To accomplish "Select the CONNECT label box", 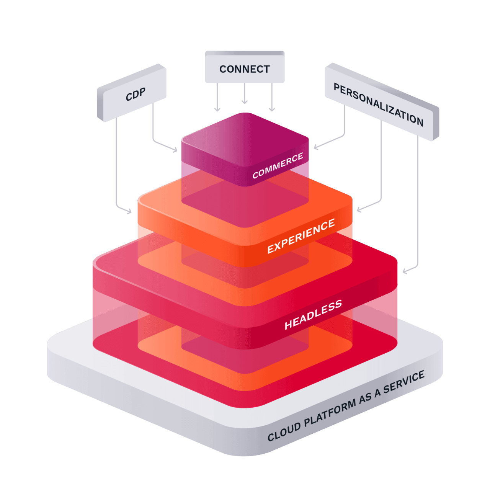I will (x=245, y=69).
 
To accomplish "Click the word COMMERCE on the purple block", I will (x=278, y=166).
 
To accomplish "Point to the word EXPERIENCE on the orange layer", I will (x=301, y=236).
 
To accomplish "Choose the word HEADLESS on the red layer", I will (x=313, y=315).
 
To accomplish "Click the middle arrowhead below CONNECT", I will (x=245, y=102).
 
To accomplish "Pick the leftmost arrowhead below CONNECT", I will (x=217, y=110).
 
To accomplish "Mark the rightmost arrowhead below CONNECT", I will (x=272, y=110).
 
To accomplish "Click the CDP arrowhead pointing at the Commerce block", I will (x=175, y=150).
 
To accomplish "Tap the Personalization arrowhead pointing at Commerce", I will (x=316, y=147).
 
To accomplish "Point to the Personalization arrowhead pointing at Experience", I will (x=359, y=209).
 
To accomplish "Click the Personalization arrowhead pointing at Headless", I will (x=405, y=271).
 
